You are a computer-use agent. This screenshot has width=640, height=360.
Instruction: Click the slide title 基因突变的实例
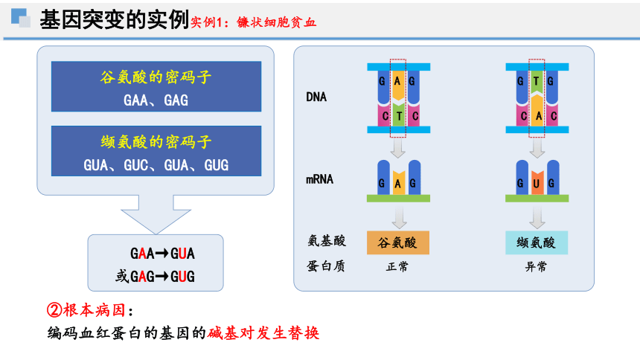pos(115,19)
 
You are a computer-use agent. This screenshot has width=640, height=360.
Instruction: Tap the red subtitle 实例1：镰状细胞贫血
pos(253,22)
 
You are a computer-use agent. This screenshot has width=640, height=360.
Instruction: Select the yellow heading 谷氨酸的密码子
pos(156,77)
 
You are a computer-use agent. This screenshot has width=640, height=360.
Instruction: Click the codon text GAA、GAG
pos(156,100)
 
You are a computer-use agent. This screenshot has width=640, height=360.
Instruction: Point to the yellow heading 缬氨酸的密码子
pos(156,141)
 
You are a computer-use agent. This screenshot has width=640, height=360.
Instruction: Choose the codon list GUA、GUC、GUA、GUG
pos(156,165)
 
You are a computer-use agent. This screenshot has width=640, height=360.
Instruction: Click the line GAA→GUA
pos(162,254)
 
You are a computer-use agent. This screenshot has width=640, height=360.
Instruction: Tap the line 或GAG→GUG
pos(155,277)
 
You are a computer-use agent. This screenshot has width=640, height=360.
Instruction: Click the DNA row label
pos(316,97)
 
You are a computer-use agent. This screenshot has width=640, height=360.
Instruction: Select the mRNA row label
pos(319,179)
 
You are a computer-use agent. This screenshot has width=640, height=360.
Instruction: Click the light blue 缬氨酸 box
pos(537,243)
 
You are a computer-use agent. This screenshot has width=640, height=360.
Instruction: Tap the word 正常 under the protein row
pos(397,266)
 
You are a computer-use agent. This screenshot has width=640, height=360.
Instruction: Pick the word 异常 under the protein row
pos(536,266)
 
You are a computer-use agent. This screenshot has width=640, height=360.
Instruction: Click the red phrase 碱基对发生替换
pos(263,333)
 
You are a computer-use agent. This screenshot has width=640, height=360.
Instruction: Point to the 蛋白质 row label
pos(326,266)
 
